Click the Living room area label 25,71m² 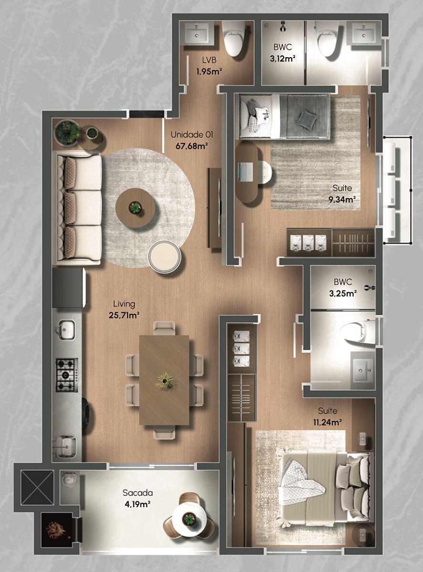[x=124, y=315]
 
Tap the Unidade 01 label [x=192, y=134]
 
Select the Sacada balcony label [x=137, y=493]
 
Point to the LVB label [x=209, y=60]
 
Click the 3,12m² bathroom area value [x=283, y=59]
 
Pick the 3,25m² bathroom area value [x=343, y=293]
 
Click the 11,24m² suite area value [x=328, y=422]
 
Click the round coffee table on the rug [x=135, y=208]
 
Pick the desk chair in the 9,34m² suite [x=264, y=172]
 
